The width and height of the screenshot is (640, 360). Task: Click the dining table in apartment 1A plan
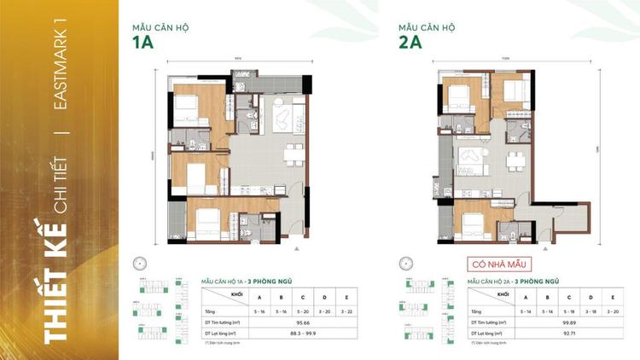point(293,154)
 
